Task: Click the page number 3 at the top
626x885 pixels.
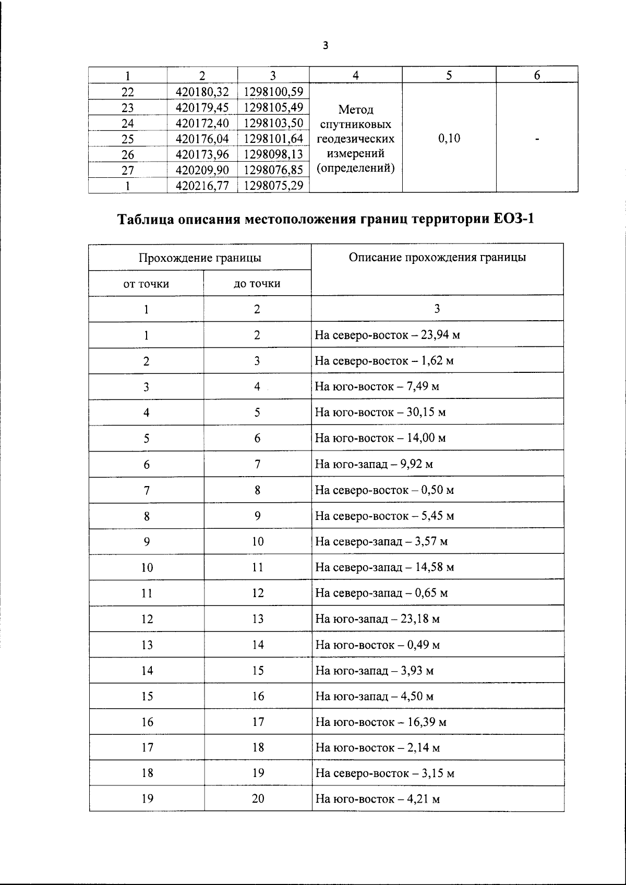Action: pyautogui.click(x=326, y=46)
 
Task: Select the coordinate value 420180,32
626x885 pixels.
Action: pyautogui.click(x=202, y=92)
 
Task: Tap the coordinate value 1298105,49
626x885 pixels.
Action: pyautogui.click(x=273, y=107)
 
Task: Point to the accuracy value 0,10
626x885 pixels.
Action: pyautogui.click(x=449, y=138)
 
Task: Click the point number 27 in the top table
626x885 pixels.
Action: pyautogui.click(x=127, y=170)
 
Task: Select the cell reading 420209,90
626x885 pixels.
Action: pyautogui.click(x=202, y=170)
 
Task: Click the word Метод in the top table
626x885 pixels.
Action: pyautogui.click(x=356, y=110)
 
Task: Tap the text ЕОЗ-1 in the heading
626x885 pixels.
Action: pyautogui.click(x=513, y=219)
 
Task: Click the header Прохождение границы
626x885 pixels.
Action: pyautogui.click(x=200, y=258)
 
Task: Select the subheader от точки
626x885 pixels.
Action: pyautogui.click(x=146, y=284)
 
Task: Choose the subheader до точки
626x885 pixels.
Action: pyautogui.click(x=257, y=284)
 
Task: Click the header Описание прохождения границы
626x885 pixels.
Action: pyautogui.click(x=437, y=257)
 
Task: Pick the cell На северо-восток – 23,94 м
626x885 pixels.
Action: pyautogui.click(x=387, y=335)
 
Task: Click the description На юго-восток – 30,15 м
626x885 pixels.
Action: pyautogui.click(x=380, y=413)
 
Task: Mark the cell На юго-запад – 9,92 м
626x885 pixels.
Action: pyautogui.click(x=374, y=464)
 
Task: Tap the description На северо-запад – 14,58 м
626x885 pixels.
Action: pyautogui.click(x=384, y=567)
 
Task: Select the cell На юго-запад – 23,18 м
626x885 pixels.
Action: pyautogui.click(x=377, y=619)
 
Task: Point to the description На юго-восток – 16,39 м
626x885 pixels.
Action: pyautogui.click(x=380, y=722)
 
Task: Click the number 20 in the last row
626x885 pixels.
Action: pyautogui.click(x=258, y=798)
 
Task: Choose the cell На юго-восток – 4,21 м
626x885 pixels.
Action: pyautogui.click(x=377, y=799)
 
